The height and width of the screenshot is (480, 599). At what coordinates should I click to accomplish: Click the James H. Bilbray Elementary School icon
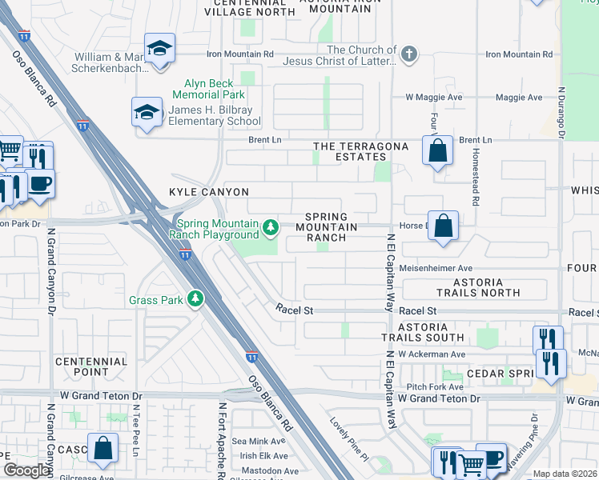(147, 113)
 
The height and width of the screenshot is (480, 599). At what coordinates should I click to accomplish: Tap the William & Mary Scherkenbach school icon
(159, 49)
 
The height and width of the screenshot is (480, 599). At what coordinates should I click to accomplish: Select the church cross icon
(409, 54)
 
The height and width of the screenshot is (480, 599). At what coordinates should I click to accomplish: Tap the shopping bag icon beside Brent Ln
(437, 150)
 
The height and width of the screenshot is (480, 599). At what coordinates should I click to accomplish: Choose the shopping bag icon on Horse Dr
(443, 226)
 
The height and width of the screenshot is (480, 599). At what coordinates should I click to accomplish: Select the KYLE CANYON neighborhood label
(208, 192)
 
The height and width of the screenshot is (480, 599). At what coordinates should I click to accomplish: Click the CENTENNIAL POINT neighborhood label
(91, 366)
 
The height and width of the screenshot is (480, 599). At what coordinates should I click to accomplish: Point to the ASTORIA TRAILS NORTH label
(478, 288)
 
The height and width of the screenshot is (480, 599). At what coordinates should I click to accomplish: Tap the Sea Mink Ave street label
(258, 441)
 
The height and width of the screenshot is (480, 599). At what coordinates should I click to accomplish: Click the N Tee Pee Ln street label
(135, 432)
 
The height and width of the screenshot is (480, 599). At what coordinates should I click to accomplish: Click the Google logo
(26, 471)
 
